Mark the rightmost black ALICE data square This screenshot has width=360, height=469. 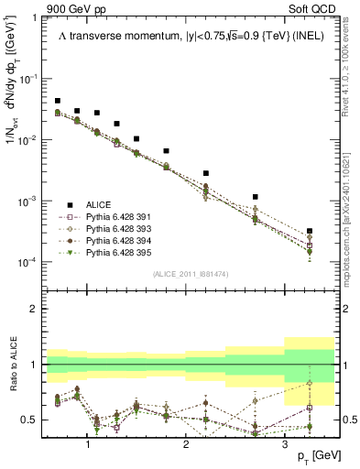click(x=310, y=231)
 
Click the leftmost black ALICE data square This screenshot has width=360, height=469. click(x=58, y=101)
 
